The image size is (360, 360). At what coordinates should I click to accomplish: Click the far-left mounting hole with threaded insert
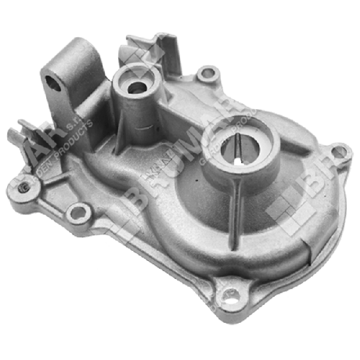[22, 190]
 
